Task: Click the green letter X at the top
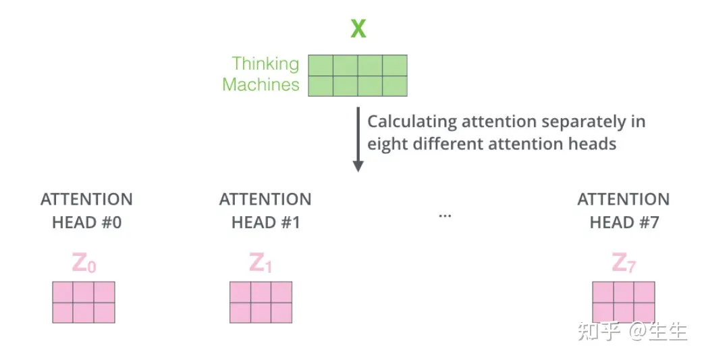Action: tap(358, 30)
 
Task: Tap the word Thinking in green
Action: tap(265, 63)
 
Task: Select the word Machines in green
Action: tap(261, 84)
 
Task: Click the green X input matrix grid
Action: tap(358, 76)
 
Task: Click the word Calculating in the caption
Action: tap(411, 122)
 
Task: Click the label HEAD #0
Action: tap(86, 222)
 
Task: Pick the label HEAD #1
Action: tap(265, 222)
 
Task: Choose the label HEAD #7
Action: tap(624, 222)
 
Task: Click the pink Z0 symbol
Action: tap(84, 263)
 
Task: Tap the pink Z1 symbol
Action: tap(261, 263)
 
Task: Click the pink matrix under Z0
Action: tap(84, 302)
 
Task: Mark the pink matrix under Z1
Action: tap(261, 302)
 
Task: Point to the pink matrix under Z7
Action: tap(624, 302)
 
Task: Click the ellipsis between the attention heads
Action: tap(445, 215)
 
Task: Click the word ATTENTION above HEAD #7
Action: tap(624, 200)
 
